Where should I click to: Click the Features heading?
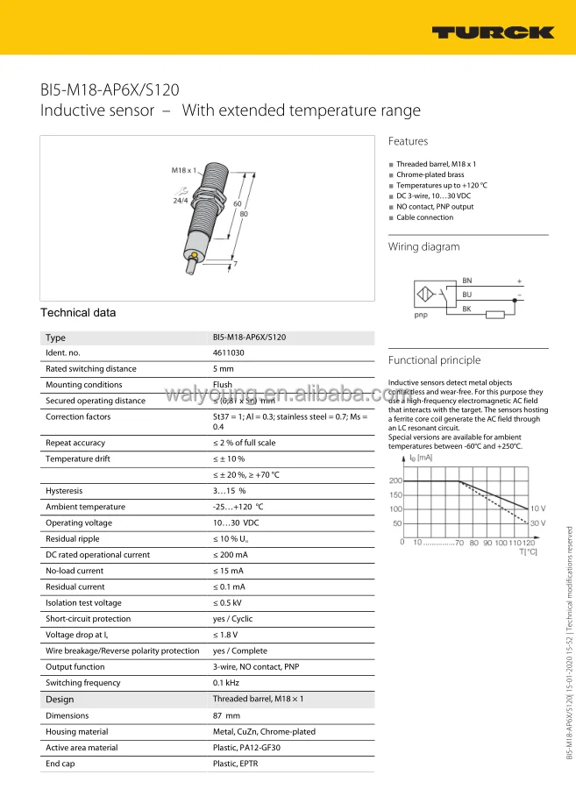pyautogui.click(x=408, y=141)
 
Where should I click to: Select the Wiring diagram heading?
pyautogui.click(x=423, y=246)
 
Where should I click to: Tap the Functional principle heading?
pyautogui.click(x=434, y=360)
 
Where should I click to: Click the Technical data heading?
pyautogui.click(x=78, y=313)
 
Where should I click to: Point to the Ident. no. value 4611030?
pyautogui.click(x=228, y=352)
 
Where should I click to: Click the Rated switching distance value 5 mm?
pyautogui.click(x=224, y=369)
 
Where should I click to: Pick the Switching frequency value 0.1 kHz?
pyautogui.click(x=226, y=683)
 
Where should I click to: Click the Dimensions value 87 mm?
pyautogui.click(x=226, y=715)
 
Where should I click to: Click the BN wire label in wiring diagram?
pyautogui.click(x=467, y=281)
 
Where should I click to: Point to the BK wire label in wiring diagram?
pyautogui.click(x=467, y=309)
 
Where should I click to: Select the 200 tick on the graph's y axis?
pyautogui.click(x=395, y=480)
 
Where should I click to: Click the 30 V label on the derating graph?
pyautogui.click(x=537, y=523)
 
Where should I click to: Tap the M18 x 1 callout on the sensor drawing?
pyautogui.click(x=182, y=169)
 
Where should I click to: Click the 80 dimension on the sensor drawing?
pyautogui.click(x=243, y=214)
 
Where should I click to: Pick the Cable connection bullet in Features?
pyautogui.click(x=424, y=217)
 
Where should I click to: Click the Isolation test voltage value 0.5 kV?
pyautogui.click(x=227, y=603)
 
